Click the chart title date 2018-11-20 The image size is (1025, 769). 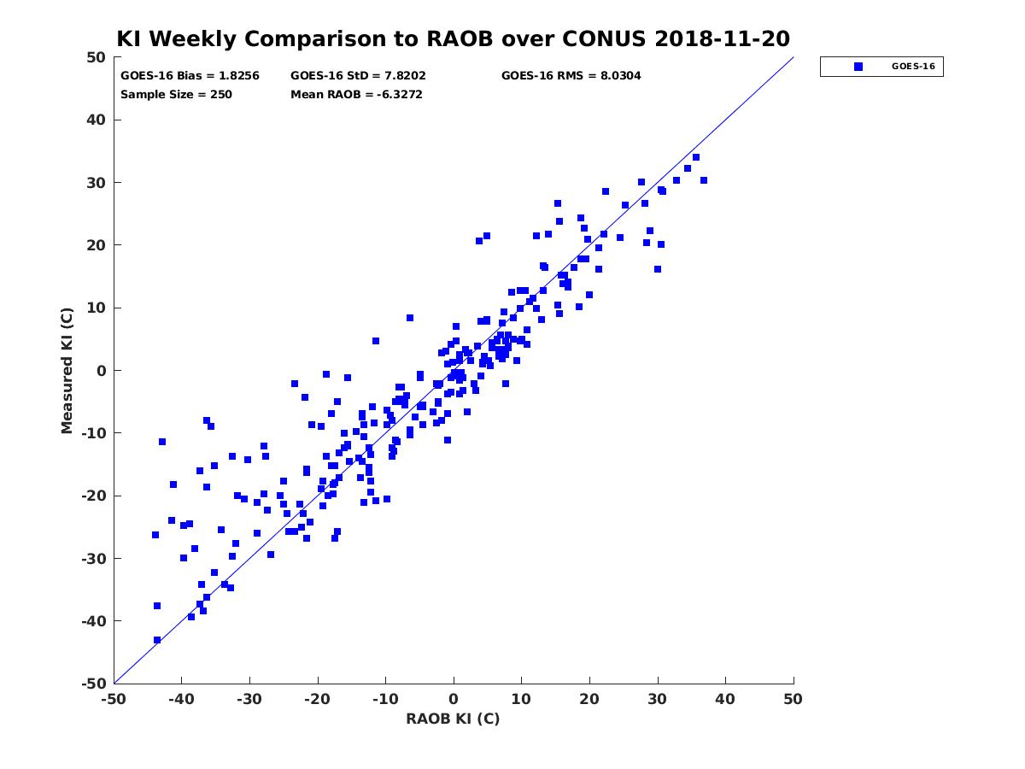(x=722, y=38)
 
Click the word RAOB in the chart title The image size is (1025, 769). (x=460, y=38)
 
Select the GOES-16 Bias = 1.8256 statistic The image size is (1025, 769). (x=190, y=76)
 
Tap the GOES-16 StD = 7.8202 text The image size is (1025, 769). (x=358, y=76)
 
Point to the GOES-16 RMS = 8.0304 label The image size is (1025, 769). (x=571, y=76)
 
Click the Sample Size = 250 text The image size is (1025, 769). (x=176, y=95)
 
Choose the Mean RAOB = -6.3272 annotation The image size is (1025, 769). (x=356, y=95)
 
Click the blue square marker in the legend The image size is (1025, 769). (x=858, y=67)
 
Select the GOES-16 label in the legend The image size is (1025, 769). (x=913, y=67)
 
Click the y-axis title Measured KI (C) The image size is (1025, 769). (x=67, y=370)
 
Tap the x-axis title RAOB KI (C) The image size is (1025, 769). (x=453, y=719)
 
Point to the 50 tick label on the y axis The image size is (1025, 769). (x=97, y=57)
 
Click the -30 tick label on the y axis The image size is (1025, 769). (x=93, y=559)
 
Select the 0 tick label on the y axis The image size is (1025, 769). (x=102, y=371)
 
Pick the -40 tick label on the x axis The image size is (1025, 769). (x=182, y=699)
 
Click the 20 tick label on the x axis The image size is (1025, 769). (x=589, y=699)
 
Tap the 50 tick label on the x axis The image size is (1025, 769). (x=793, y=699)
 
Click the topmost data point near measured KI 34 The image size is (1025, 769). (x=696, y=157)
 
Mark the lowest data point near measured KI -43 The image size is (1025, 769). (x=157, y=640)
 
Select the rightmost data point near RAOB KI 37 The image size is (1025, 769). (x=704, y=180)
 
